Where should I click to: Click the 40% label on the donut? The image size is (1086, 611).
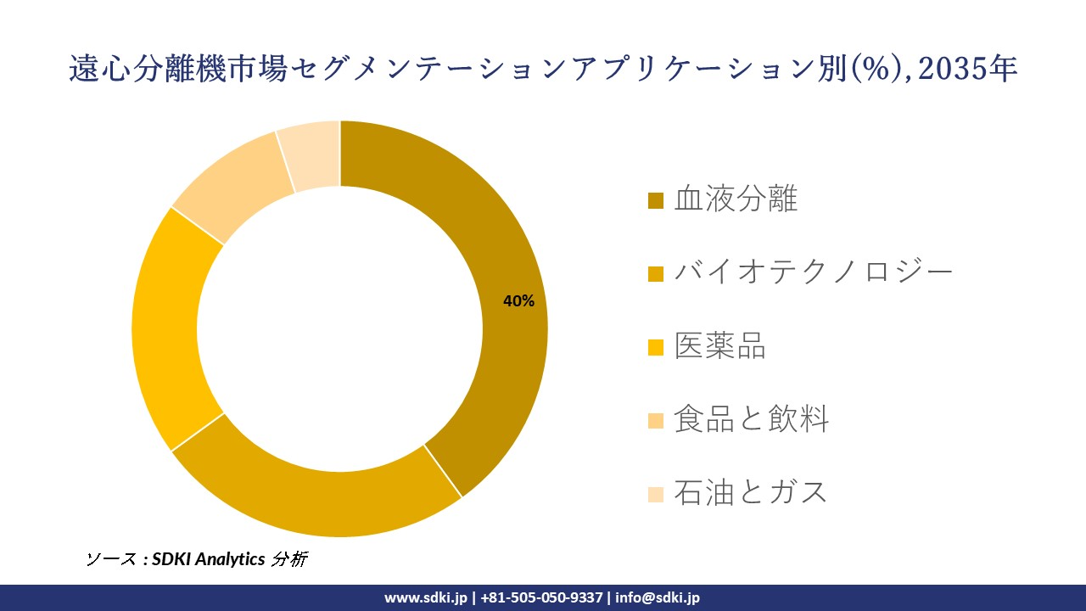[x=518, y=301]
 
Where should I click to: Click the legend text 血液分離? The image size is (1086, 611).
[x=736, y=199]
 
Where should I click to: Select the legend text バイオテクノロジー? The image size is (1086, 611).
[x=814, y=272]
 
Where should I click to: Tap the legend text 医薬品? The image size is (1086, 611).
[x=719, y=345]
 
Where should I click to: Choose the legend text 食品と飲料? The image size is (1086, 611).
[x=751, y=419]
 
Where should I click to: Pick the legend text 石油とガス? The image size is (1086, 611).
[x=750, y=492]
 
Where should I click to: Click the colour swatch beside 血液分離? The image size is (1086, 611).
[x=656, y=200]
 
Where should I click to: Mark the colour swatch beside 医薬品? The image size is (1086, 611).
[x=656, y=346]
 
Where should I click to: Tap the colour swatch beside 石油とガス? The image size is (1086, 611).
[x=656, y=493]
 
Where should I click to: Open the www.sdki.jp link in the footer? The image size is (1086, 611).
[x=425, y=597]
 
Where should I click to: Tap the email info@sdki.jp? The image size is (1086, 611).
[x=658, y=597]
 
